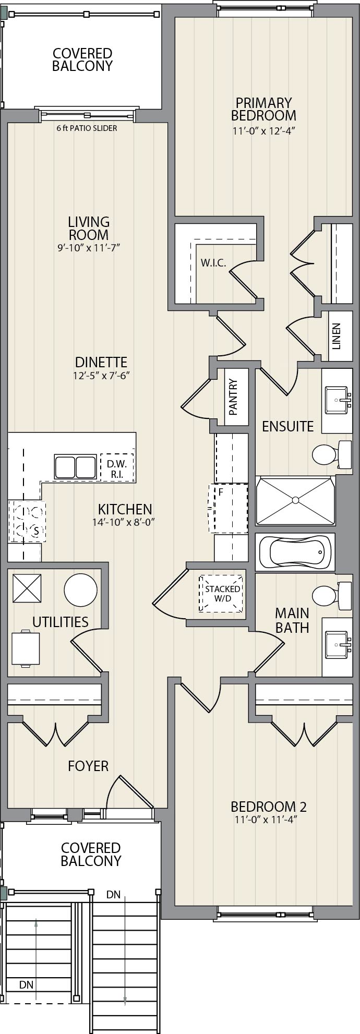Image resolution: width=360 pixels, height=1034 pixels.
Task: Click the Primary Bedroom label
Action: [263, 109]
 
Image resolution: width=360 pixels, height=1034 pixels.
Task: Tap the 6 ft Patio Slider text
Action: [87, 128]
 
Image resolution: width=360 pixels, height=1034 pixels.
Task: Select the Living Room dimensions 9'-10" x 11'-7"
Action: [89, 248]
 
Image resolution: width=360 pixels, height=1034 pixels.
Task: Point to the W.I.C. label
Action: [213, 263]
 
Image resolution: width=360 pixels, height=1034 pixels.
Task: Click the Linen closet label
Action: [337, 336]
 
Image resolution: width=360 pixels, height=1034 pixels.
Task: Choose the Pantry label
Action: [233, 396]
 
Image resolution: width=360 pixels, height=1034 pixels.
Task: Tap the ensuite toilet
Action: [332, 453]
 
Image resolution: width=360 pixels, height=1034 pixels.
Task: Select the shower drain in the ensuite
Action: [295, 500]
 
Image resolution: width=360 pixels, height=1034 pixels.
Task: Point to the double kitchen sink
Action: [75, 465]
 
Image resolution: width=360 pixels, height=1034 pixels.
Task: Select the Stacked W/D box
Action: [222, 593]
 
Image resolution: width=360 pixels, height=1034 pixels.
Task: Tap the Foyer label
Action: [88, 766]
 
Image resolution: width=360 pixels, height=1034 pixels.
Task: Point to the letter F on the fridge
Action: [221, 491]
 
